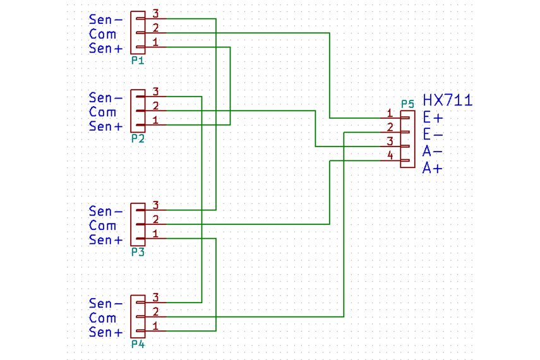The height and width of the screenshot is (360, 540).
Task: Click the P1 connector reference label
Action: tap(138, 61)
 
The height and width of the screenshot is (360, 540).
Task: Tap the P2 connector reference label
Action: tap(138, 138)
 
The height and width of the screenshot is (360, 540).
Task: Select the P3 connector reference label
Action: tap(138, 252)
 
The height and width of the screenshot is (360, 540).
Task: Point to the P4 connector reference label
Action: tap(138, 344)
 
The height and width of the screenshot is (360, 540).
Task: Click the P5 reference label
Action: tap(408, 104)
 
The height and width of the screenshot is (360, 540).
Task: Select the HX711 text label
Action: tap(447, 100)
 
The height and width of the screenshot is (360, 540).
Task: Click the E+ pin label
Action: tap(433, 117)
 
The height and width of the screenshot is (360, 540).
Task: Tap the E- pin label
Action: tap(433, 135)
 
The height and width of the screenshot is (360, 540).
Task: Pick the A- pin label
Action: tap(433, 152)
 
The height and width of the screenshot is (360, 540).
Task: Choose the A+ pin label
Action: tap(433, 169)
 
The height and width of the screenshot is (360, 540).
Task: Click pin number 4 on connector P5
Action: tap(390, 155)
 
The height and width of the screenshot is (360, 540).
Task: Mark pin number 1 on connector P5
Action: tap(390, 113)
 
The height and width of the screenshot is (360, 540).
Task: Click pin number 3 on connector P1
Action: tap(155, 13)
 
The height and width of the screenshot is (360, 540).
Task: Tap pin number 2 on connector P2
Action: tap(155, 105)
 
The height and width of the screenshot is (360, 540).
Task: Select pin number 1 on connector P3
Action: tap(155, 234)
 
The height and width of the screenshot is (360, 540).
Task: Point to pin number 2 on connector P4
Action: tap(155, 311)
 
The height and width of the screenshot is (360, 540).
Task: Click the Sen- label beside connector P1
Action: tap(106, 20)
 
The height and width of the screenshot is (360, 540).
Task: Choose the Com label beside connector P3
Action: tap(103, 225)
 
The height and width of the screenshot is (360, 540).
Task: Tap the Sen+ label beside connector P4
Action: tap(106, 332)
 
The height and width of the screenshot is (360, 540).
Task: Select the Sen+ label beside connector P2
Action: tap(106, 126)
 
